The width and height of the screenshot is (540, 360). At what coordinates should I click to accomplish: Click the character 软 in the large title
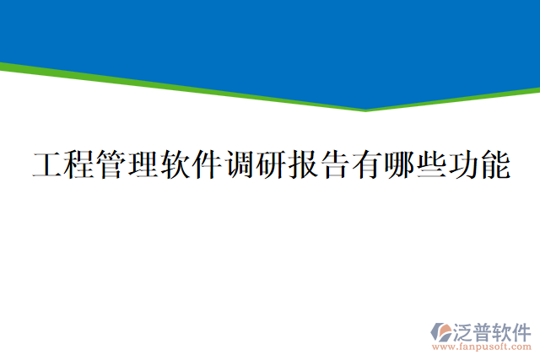tap(175, 165)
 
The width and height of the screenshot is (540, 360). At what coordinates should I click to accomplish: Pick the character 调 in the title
tap(240, 165)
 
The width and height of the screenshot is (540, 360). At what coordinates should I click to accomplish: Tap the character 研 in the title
tap(272, 165)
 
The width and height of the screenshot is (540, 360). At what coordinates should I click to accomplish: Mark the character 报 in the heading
tap(303, 165)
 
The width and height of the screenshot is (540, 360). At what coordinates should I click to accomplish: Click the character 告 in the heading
tap(335, 165)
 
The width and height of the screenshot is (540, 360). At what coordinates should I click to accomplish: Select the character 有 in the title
tap(367, 165)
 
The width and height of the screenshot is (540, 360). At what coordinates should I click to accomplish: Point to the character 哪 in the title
tap(399, 165)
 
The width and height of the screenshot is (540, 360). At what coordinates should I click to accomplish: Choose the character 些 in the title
tap(430, 165)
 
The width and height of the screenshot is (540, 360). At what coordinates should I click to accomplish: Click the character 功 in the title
tap(462, 165)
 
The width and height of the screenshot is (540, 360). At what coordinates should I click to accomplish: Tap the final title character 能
tap(494, 165)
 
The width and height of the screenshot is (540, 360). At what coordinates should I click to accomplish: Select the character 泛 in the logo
tap(465, 330)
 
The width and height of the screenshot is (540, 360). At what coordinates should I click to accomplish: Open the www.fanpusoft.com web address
tap(482, 346)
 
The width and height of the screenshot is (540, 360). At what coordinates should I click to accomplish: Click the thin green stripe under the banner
tap(169, 86)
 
